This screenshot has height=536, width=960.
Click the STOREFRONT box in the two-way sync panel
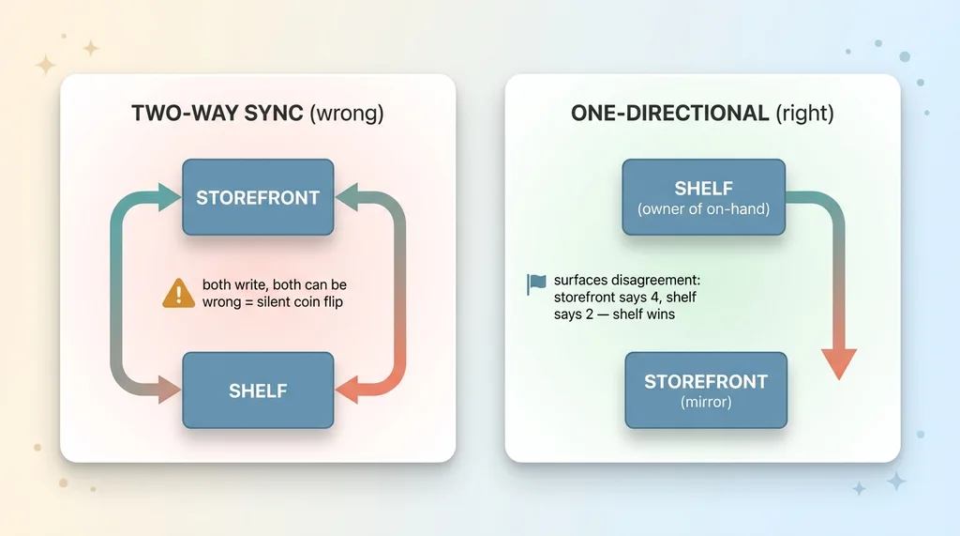(258, 197)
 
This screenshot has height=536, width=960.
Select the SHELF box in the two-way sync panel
(258, 391)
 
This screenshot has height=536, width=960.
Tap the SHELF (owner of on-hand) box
(703, 197)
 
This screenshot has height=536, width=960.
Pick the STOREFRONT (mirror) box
(706, 391)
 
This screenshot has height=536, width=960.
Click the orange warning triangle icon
(178, 293)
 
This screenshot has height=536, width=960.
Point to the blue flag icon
(535, 283)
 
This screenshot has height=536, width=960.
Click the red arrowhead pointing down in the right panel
(838, 364)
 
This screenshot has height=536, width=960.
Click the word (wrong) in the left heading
(347, 114)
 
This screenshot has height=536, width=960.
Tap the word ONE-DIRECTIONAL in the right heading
(669, 113)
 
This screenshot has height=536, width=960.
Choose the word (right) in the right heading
(804, 114)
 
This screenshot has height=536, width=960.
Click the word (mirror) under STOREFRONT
(706, 403)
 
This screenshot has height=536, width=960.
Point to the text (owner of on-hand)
(703, 209)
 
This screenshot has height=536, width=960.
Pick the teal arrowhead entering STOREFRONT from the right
(347, 197)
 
